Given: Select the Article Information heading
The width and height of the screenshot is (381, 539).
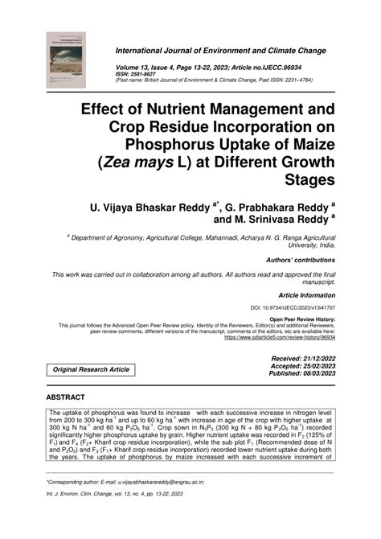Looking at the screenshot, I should [x=305, y=295].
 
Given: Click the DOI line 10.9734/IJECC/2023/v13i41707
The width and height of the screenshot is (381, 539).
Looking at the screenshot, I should [x=293, y=308].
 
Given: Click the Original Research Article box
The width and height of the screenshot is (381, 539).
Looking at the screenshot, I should [x=91, y=369].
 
